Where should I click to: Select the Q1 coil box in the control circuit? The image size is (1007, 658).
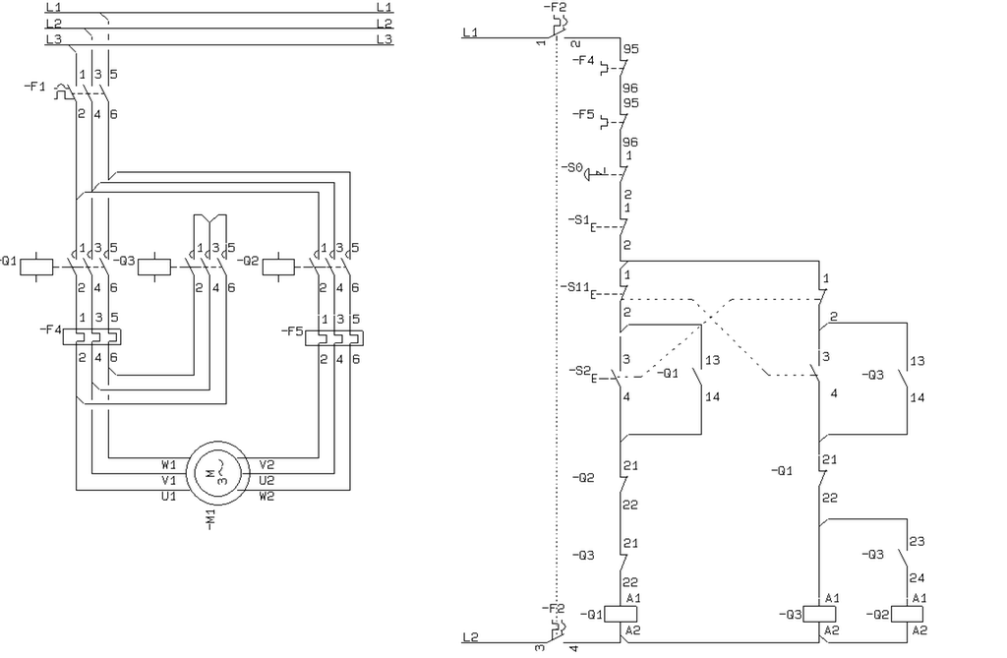[x=621, y=615]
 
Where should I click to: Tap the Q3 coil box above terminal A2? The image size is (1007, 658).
[x=819, y=615]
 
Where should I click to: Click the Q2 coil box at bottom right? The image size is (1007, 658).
[x=907, y=615]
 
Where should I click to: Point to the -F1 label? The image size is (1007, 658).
[x=34, y=87]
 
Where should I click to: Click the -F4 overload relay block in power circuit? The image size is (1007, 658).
[x=91, y=336]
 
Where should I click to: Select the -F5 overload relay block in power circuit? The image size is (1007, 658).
[x=334, y=338]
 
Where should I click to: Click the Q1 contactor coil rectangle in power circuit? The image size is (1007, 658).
[x=36, y=266]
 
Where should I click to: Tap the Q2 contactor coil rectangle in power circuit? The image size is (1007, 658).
[x=278, y=266]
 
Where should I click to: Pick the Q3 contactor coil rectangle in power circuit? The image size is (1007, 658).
[x=154, y=266]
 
